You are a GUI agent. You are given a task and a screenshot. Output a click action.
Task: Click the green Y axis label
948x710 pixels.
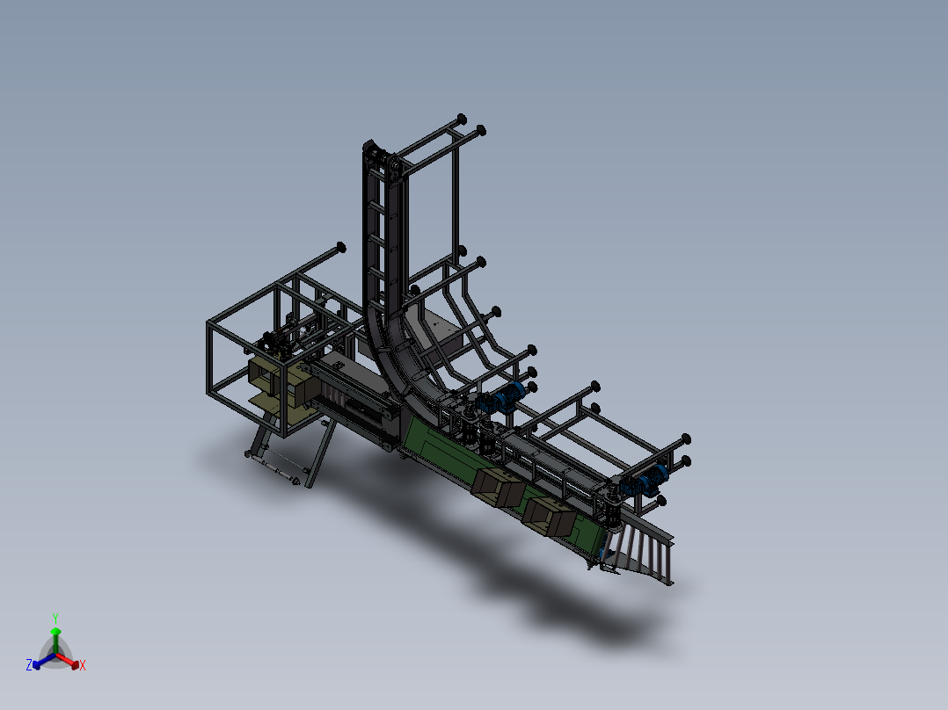click(55, 618)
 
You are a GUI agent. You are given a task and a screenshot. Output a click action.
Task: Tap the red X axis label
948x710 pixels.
click(83, 665)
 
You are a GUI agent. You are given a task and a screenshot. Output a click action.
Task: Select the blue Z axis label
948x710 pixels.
click(29, 664)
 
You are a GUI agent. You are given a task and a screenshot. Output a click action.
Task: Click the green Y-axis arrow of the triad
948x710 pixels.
click(55, 641)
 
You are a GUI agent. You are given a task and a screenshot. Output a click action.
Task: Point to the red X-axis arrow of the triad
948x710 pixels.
click(68, 660)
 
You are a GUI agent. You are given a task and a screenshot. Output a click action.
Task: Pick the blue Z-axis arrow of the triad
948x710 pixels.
click(44, 661)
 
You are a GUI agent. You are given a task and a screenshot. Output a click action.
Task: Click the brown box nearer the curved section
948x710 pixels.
click(498, 487)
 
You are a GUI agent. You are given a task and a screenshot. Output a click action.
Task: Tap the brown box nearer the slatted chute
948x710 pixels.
click(549, 516)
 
